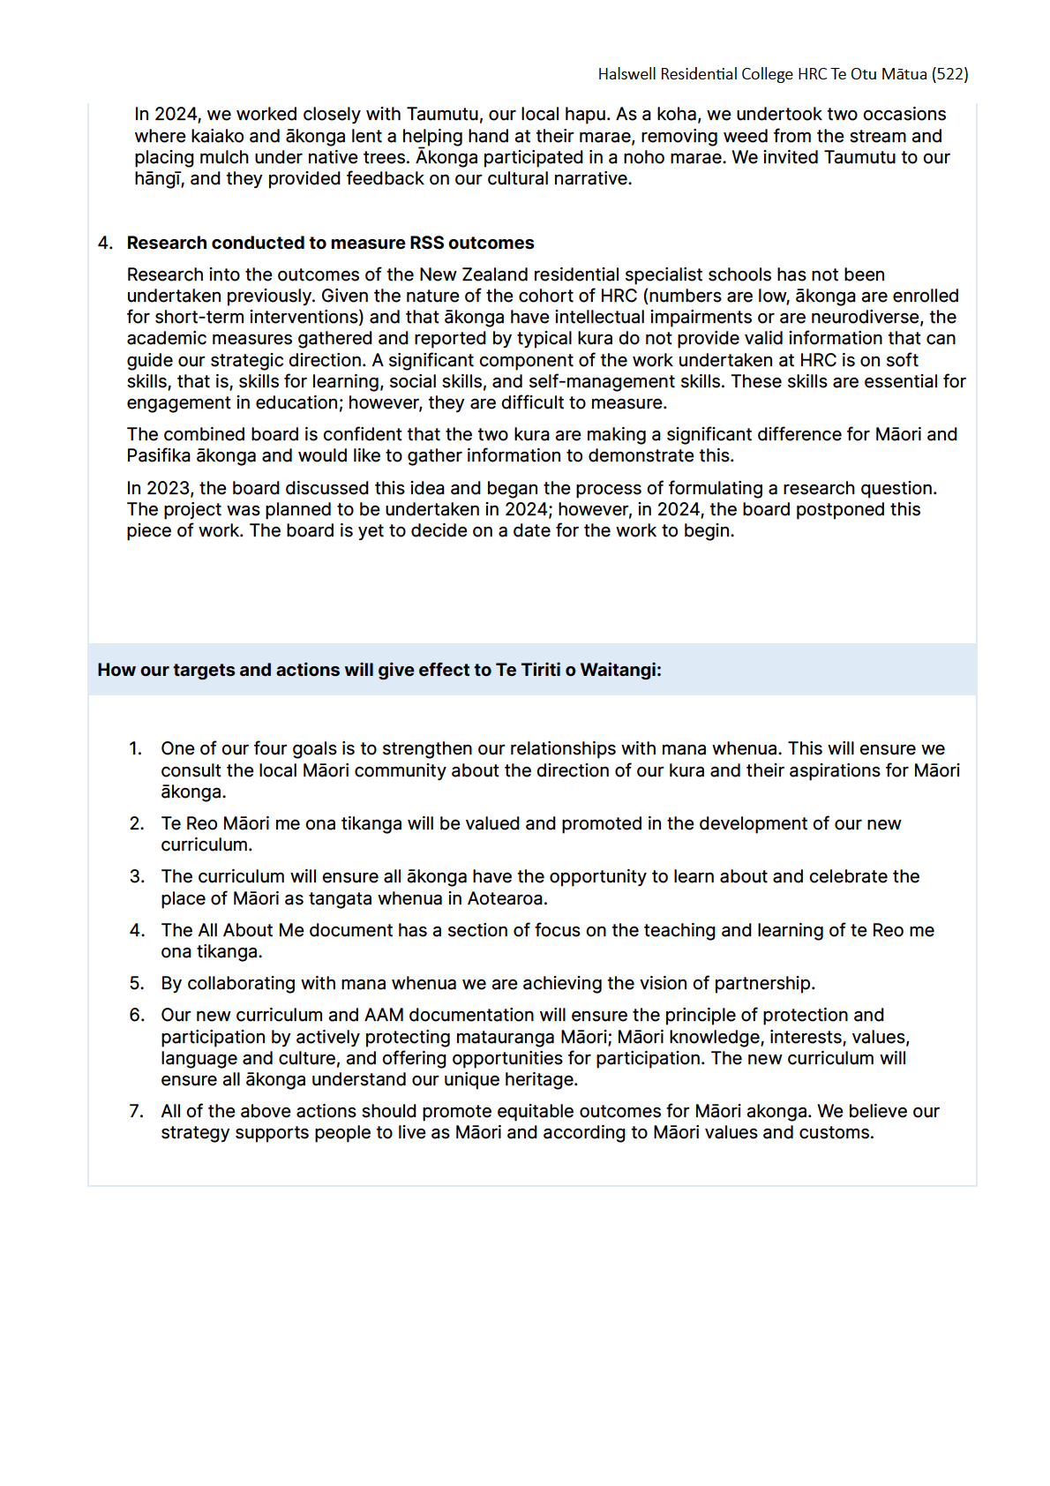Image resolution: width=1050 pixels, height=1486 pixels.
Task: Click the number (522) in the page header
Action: [949, 74]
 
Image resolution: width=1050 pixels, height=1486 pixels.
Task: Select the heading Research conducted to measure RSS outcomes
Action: [330, 243]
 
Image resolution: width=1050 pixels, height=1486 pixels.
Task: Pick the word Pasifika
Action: [159, 455]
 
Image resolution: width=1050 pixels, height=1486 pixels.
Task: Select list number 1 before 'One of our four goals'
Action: [135, 748]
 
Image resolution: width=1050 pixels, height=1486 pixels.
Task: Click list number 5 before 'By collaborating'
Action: [137, 983]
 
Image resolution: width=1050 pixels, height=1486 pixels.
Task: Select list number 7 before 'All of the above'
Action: [137, 1111]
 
